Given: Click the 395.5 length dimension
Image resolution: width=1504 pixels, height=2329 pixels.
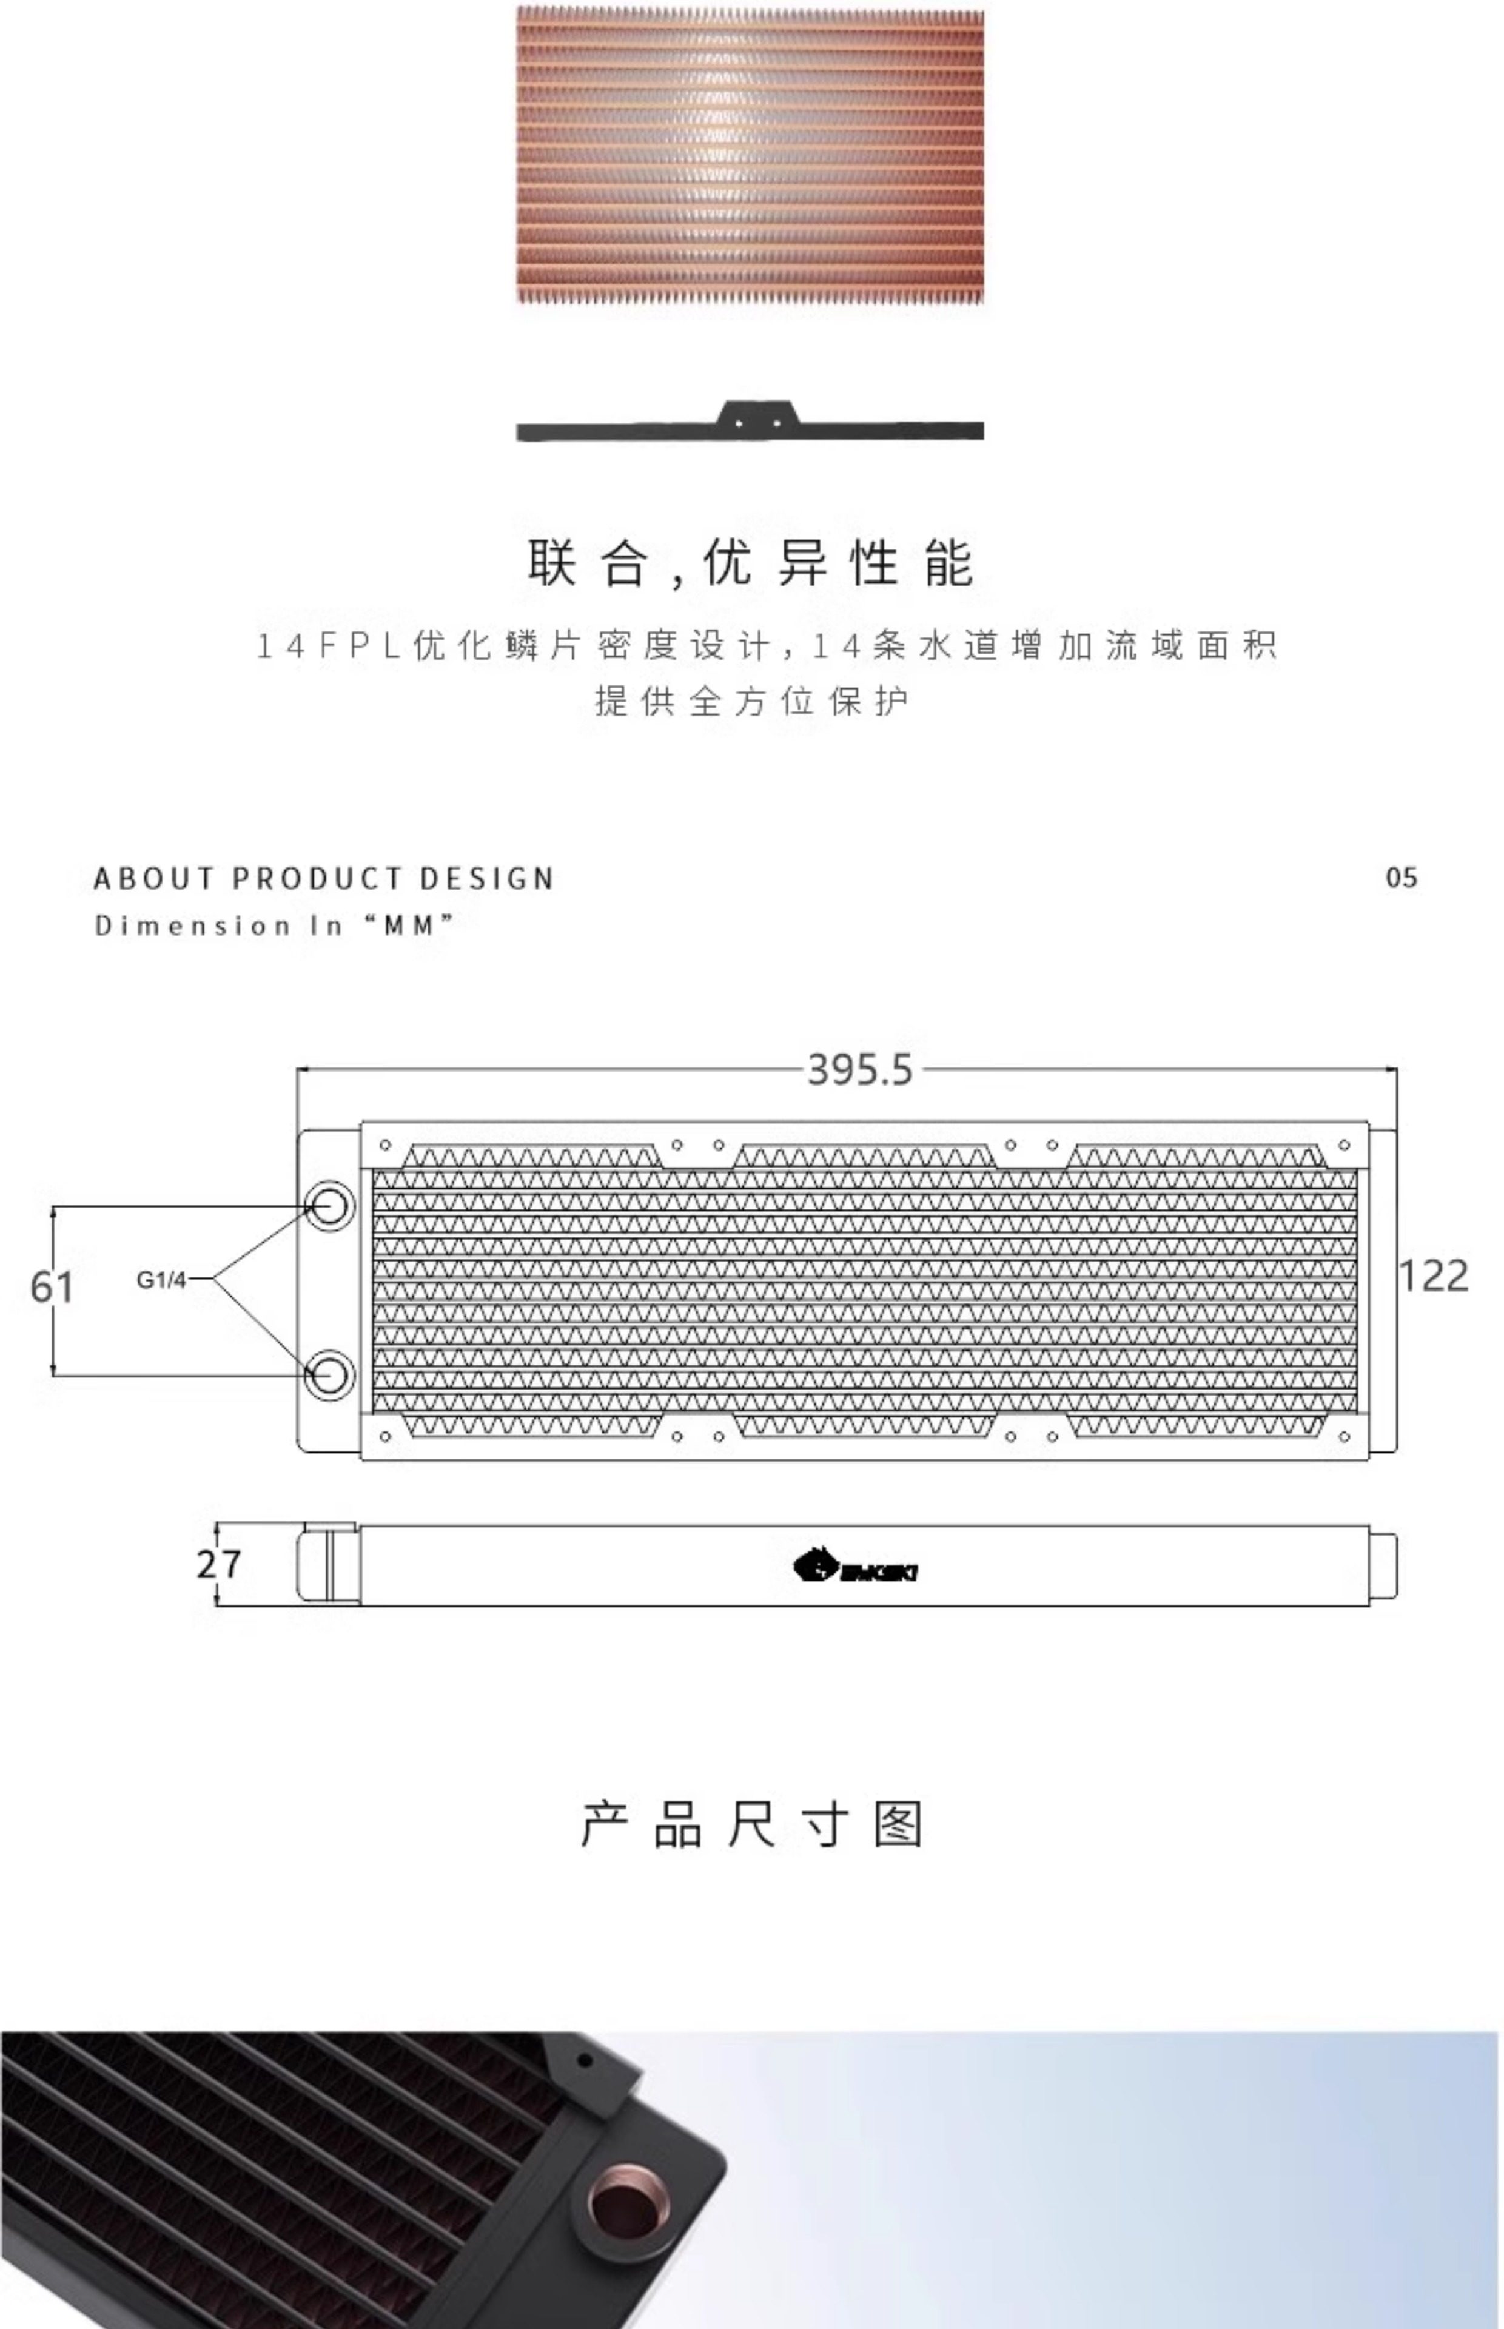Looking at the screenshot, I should (859, 1070).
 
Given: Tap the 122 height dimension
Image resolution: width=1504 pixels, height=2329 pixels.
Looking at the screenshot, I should (1432, 1276).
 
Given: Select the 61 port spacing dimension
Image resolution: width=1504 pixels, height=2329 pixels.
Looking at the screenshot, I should (52, 1287).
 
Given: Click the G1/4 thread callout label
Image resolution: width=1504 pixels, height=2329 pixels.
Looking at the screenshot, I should (161, 1279).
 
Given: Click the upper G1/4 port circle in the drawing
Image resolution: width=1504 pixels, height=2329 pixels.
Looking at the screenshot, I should (330, 1206).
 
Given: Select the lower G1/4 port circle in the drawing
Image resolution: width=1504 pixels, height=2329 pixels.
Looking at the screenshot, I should (330, 1376).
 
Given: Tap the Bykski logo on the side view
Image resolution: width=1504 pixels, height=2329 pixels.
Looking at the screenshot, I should (854, 1567).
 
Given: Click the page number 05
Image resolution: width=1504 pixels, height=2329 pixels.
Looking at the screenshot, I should (1400, 878).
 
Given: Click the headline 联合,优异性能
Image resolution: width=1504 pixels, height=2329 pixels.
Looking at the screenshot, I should (751, 563).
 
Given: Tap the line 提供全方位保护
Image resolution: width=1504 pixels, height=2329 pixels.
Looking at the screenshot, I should (751, 701).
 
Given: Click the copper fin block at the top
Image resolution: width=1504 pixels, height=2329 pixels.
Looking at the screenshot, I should (750, 156).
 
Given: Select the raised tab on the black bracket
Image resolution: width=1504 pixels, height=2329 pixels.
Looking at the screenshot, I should (757, 415).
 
